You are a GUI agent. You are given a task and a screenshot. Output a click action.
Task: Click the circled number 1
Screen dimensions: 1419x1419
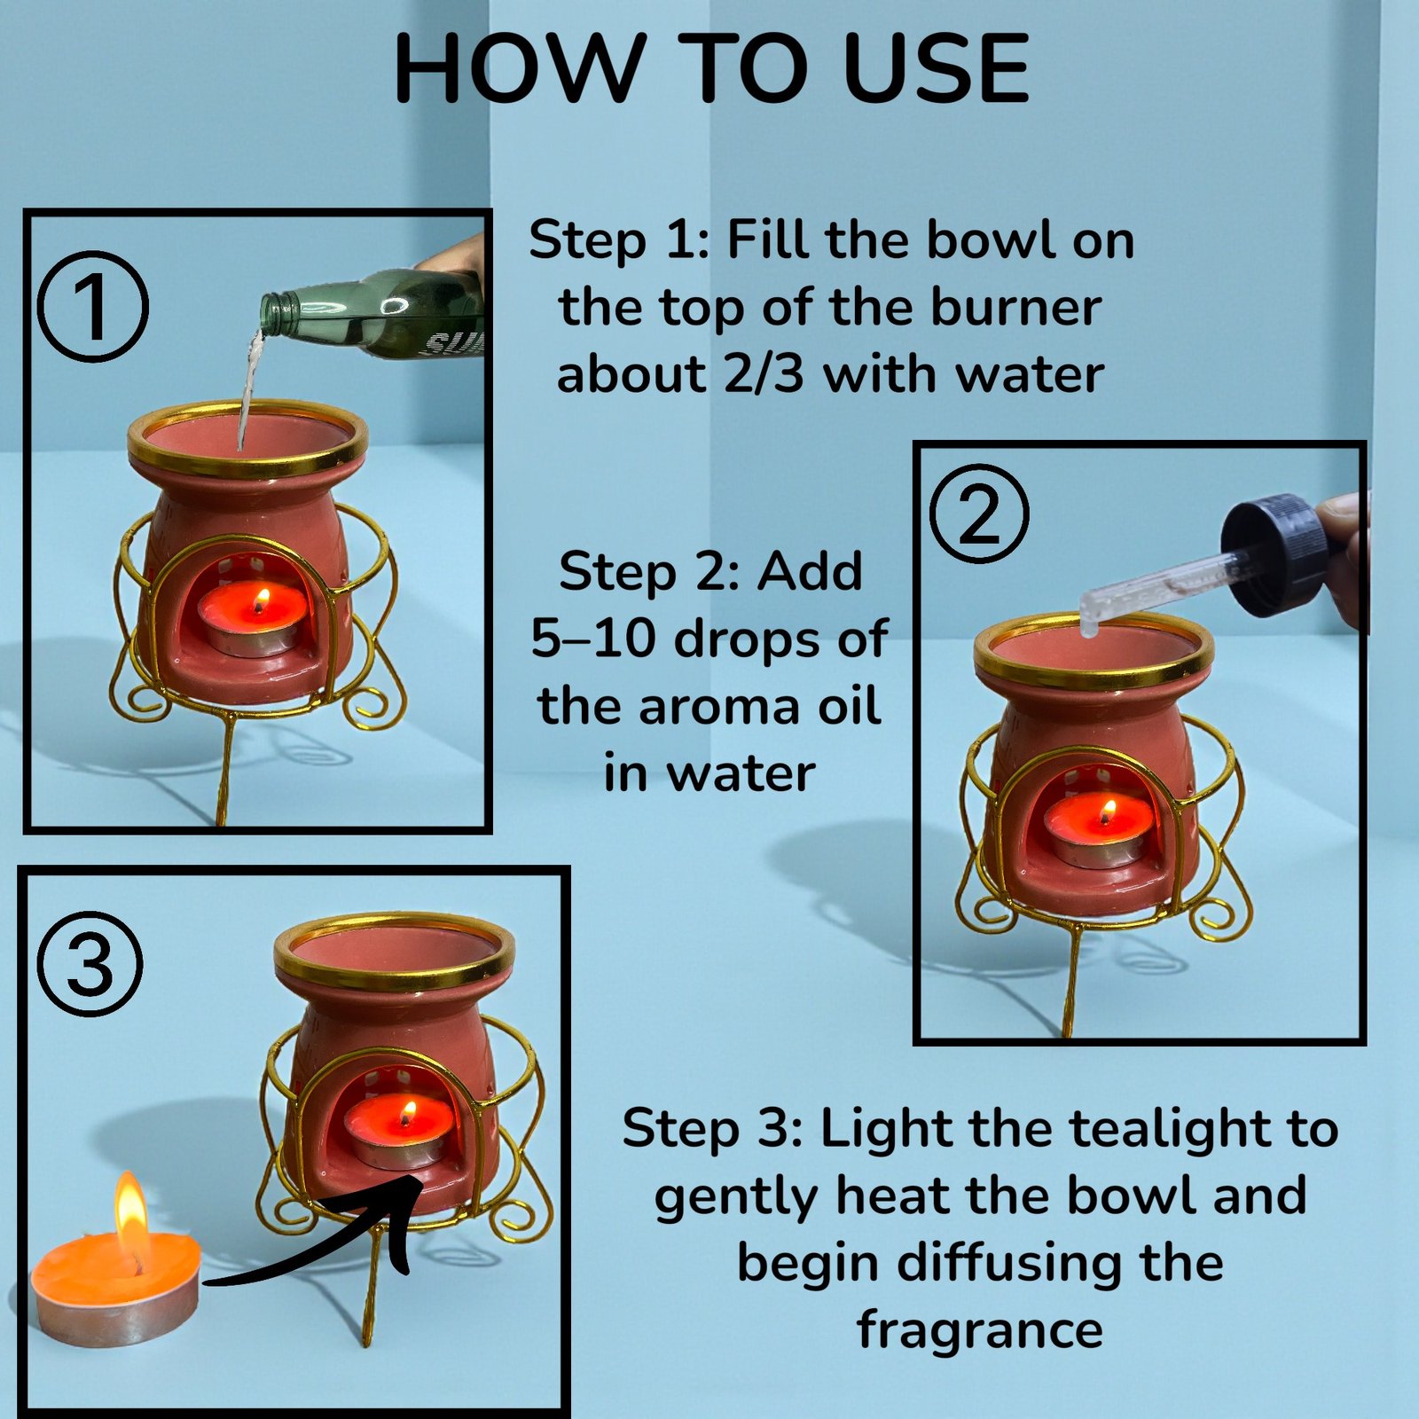point(93,307)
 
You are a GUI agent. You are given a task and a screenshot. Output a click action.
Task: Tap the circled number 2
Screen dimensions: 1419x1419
point(979,514)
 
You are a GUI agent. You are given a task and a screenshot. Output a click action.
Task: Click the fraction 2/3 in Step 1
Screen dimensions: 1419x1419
point(764,373)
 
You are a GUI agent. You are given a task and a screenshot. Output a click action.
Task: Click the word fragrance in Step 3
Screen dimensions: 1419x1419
point(980,1331)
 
